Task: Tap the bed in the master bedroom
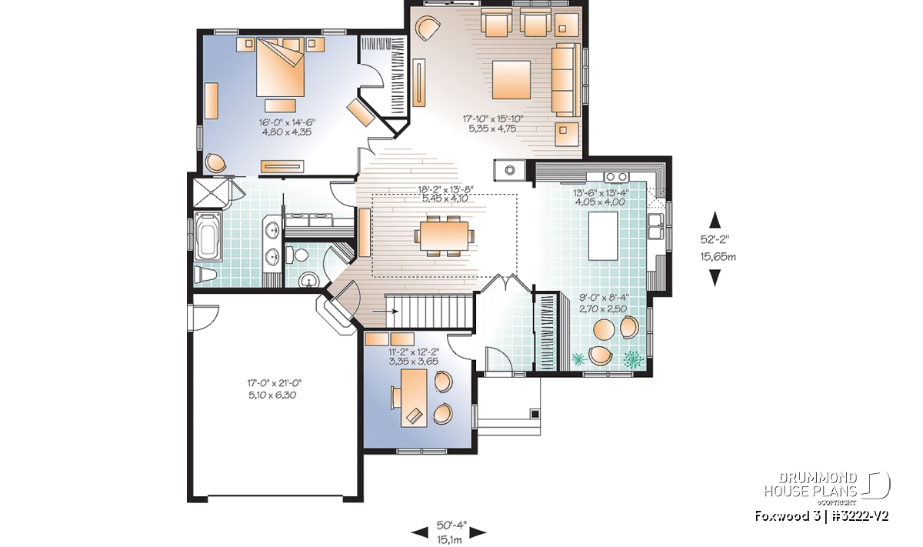pyautogui.click(x=281, y=67)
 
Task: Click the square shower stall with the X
pyautogui.click(x=211, y=192)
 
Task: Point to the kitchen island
pyautogui.click(x=603, y=236)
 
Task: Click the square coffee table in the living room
pyautogui.click(x=511, y=80)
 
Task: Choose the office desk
pyautogui.click(x=414, y=398)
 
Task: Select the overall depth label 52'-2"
pyautogui.click(x=715, y=239)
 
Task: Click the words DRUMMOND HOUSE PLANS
pyautogui.click(x=811, y=484)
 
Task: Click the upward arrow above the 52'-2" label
pyautogui.click(x=715, y=220)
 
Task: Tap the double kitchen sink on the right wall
pyautogui.click(x=655, y=226)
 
